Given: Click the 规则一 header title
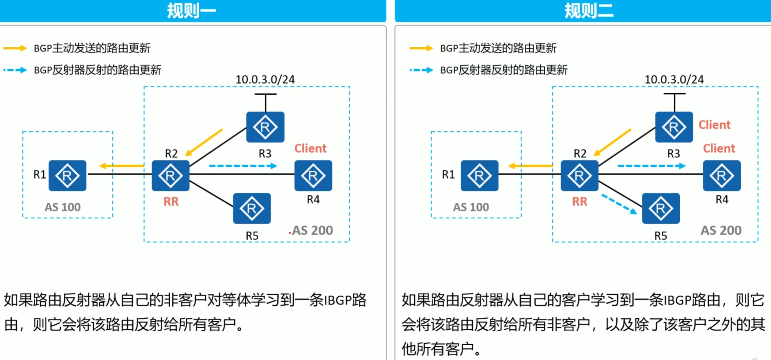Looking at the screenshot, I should pos(191,11).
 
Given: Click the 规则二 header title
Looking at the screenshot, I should pos(589,11).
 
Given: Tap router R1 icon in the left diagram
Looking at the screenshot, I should pos(67,175).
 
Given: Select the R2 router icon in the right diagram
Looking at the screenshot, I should pos(579,175).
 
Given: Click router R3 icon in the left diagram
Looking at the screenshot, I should pos(265,127).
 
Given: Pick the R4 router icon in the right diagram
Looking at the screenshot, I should pos(722,175).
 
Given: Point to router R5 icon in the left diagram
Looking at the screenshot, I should pos(252,208).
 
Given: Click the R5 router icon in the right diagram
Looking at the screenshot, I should pos(661,208).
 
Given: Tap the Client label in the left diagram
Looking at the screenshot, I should pos(310,148).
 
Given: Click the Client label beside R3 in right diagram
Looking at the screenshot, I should pos(714,125).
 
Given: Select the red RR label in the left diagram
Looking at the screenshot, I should pos(171,202).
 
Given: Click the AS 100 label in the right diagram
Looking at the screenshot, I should pos(471,207).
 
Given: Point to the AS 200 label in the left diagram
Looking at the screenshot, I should pos(312,231).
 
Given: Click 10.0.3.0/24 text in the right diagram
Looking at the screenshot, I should pos(674,80).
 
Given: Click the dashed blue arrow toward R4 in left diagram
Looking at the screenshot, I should pos(243,166).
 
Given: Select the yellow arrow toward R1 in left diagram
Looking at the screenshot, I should pos(122,166).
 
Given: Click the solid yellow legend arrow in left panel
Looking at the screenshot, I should pos(15,48).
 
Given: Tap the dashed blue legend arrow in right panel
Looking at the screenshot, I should pos(421,70).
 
